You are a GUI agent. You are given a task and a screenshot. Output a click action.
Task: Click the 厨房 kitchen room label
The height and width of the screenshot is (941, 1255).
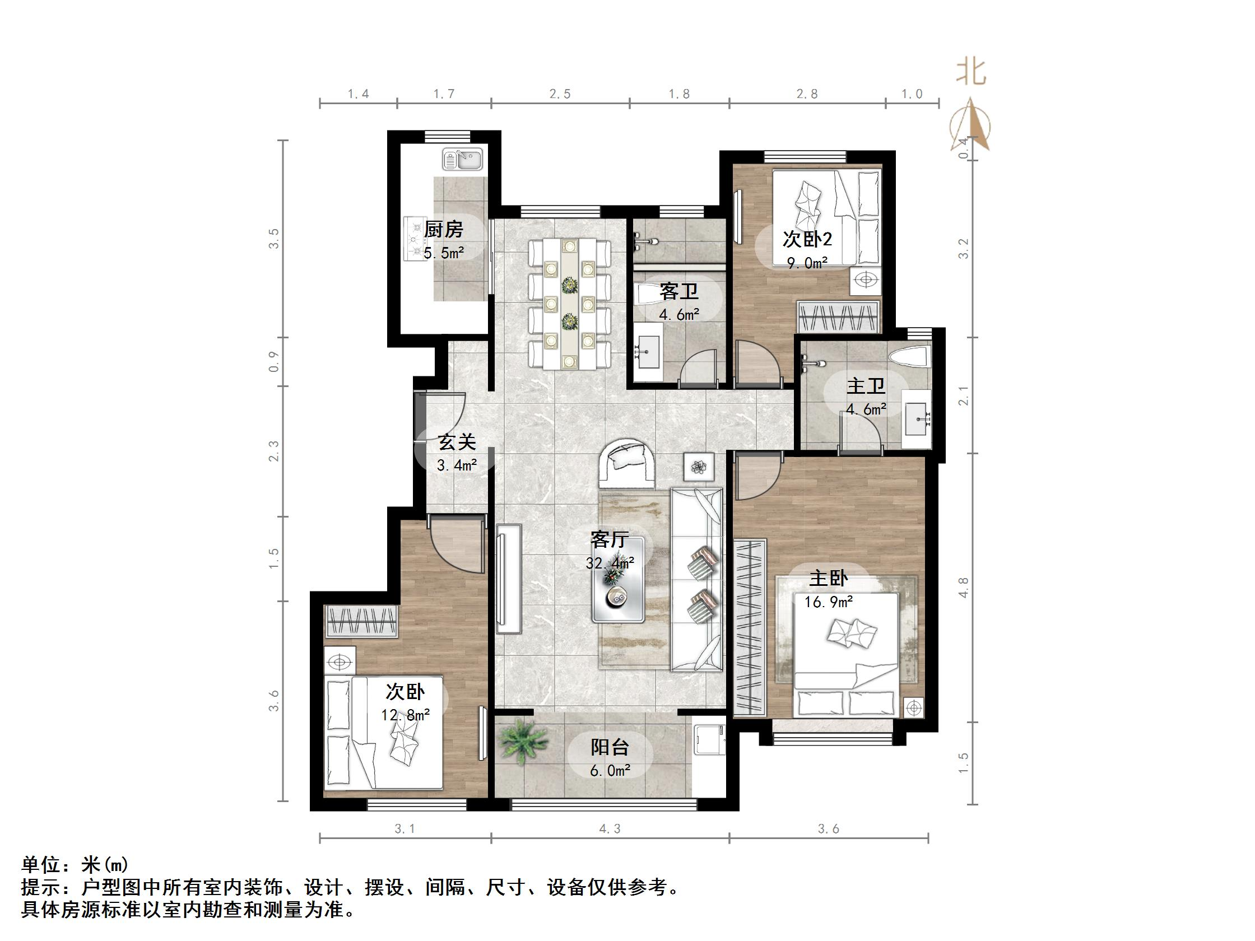(x=443, y=230)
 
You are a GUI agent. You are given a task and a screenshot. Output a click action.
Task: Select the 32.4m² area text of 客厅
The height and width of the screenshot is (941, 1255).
(x=610, y=563)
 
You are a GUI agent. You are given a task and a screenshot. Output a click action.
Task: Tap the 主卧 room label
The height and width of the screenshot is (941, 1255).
(x=828, y=579)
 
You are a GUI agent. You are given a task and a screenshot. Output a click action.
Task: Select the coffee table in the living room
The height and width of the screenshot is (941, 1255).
(x=618, y=579)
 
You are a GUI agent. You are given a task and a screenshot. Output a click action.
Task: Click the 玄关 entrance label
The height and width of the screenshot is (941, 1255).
(x=457, y=442)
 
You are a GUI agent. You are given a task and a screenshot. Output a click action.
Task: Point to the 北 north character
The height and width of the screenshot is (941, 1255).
(x=971, y=73)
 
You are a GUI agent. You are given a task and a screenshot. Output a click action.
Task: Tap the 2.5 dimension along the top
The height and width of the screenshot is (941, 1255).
(x=559, y=94)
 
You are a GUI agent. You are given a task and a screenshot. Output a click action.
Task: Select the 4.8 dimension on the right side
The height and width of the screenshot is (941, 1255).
(x=963, y=587)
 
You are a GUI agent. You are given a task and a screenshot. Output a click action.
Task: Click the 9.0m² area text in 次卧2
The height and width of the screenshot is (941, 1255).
(x=806, y=263)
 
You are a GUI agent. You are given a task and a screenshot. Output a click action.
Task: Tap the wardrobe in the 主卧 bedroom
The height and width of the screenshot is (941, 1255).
(x=750, y=628)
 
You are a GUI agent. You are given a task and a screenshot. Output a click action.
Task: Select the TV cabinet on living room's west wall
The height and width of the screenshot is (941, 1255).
(x=509, y=579)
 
